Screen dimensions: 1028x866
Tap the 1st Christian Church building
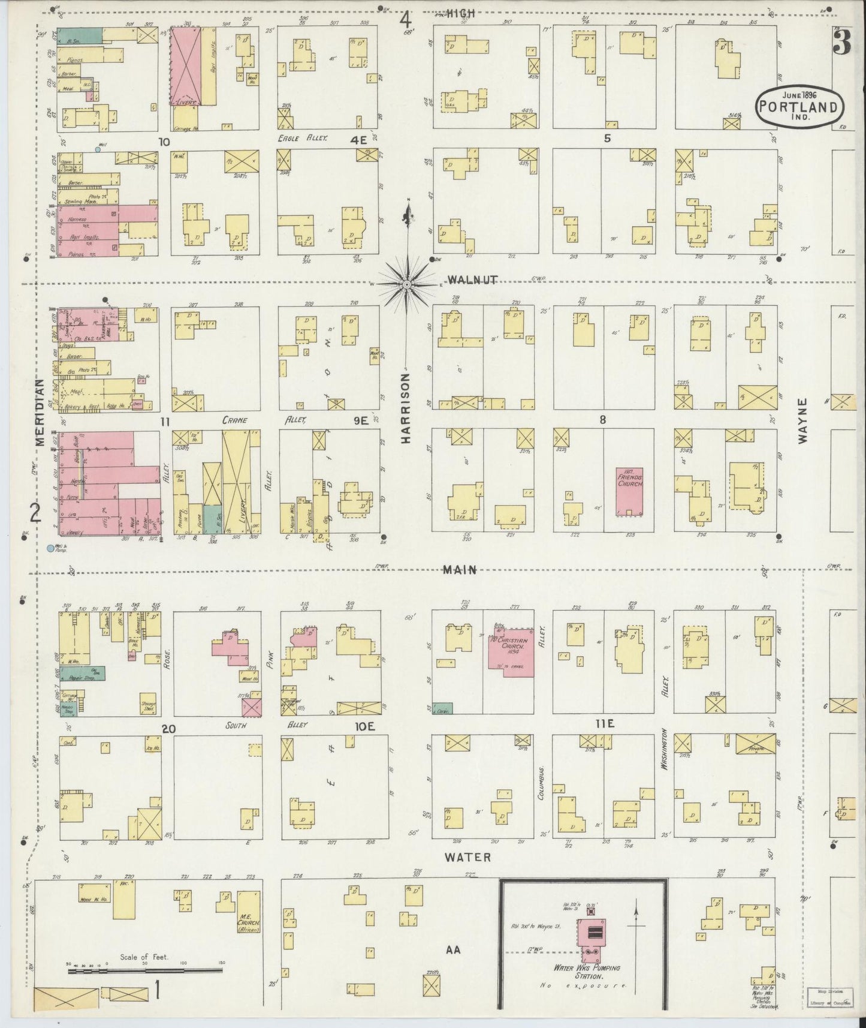(x=509, y=651)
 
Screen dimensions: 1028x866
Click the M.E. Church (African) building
(x=248, y=912)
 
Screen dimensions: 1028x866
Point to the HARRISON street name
(x=406, y=408)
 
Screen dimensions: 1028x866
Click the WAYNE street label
(x=802, y=420)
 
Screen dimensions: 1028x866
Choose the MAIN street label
(x=460, y=570)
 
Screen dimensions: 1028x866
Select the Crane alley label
(x=235, y=421)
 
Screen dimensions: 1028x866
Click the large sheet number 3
(x=843, y=44)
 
